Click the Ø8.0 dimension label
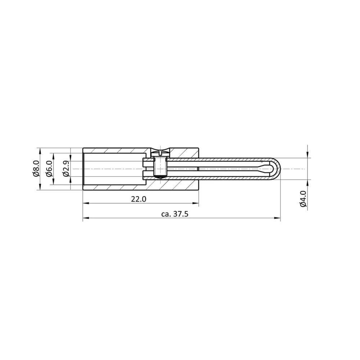coord(36,168)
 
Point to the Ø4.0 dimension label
coord(303,199)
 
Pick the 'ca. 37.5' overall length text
coord(175,214)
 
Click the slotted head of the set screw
coord(160,152)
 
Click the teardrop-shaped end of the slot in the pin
coord(267,168)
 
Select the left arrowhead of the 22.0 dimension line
coord(85,204)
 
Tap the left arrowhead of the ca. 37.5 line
coord(85,218)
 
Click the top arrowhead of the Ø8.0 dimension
coord(40,150)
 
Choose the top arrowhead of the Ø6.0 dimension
coord(54,155)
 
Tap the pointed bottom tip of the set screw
coord(160,177)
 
